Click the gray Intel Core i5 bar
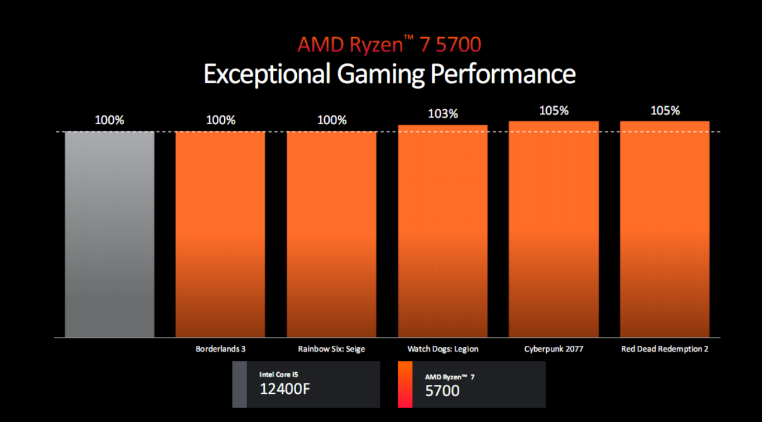click(110, 234)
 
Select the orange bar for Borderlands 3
click(220, 234)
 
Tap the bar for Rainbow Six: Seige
click(332, 234)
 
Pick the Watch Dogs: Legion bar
click(443, 231)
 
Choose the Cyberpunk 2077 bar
click(554, 229)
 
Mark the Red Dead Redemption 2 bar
click(665, 229)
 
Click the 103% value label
click(443, 114)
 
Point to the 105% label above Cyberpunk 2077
click(554, 111)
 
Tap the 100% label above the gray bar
click(110, 120)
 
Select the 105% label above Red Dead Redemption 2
click(665, 111)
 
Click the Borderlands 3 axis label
click(221, 349)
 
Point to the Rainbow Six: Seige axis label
click(332, 349)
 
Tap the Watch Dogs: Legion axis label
click(443, 349)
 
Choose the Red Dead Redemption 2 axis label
click(665, 349)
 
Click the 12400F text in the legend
click(285, 389)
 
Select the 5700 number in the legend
click(442, 391)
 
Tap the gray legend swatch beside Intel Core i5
click(239, 384)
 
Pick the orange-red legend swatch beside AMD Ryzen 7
click(405, 384)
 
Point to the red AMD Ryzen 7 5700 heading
click(389, 45)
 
